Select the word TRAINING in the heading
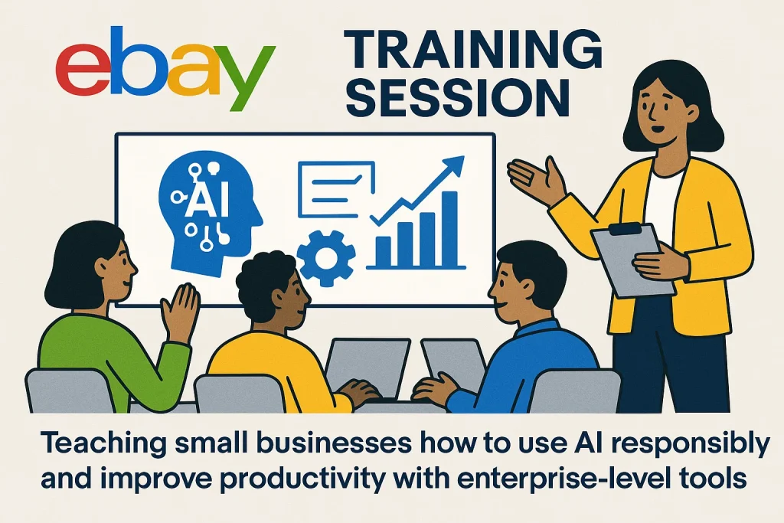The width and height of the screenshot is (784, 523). (473, 50)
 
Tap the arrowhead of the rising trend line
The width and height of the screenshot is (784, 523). (452, 165)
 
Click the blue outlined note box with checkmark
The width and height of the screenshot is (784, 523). (336, 189)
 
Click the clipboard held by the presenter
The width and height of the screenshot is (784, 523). (633, 260)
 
